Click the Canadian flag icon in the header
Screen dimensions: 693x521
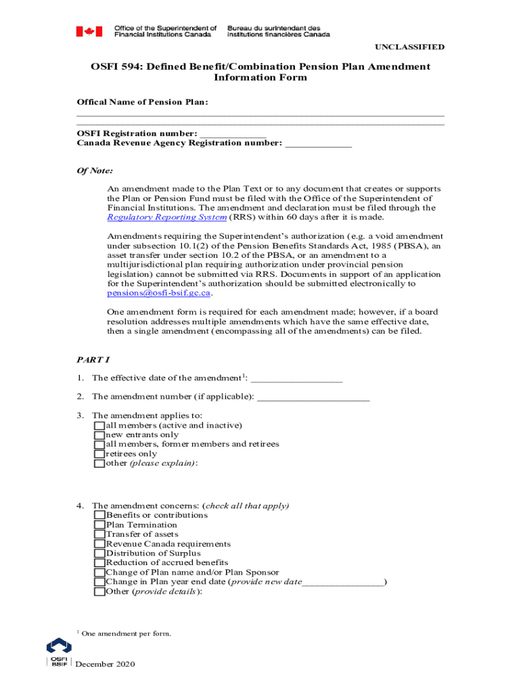[x=89, y=31]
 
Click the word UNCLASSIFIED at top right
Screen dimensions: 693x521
[x=410, y=47]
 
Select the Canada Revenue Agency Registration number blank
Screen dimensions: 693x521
[x=318, y=143]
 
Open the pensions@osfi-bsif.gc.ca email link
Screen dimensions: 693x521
[x=159, y=294]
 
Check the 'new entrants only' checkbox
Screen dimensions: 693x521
[x=99, y=435]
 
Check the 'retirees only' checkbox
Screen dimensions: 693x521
[x=99, y=454]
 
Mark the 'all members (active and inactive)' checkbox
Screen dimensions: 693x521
[x=99, y=426]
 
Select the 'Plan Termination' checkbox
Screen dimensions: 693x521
[x=99, y=525]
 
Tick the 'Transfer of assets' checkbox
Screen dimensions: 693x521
[x=99, y=535]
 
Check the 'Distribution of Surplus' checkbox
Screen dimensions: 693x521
[x=99, y=554]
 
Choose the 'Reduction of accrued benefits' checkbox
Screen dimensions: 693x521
[x=99, y=563]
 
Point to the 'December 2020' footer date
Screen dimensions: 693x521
[x=106, y=665]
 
